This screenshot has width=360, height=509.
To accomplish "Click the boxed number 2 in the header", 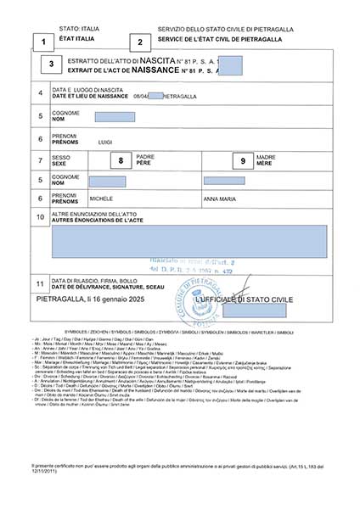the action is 139,41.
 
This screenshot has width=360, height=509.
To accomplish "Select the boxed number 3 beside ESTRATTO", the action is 52,64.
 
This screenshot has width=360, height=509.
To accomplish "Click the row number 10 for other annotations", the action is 40,216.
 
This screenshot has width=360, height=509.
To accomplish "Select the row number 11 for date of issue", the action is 40,282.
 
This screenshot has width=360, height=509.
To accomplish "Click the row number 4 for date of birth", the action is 40,93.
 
